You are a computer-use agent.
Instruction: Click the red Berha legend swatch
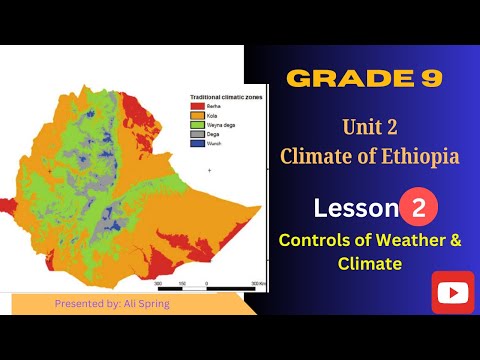pyautogui.click(x=198, y=105)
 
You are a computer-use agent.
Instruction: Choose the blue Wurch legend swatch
pyautogui.click(x=198, y=143)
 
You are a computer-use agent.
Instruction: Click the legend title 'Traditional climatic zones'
pyautogui.click(x=220, y=96)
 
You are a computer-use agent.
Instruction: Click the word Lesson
pyautogui.click(x=355, y=208)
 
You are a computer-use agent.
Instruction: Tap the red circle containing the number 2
pyautogui.click(x=420, y=207)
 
